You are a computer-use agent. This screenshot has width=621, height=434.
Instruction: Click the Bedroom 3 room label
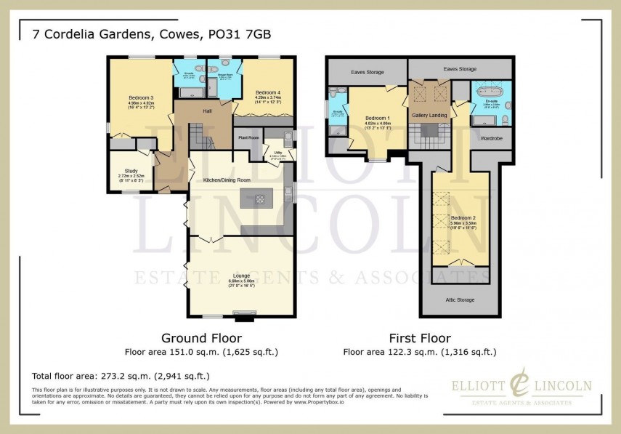pyautogui.click(x=142, y=97)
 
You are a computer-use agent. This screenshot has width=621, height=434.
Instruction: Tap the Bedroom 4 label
pyautogui.click(x=267, y=92)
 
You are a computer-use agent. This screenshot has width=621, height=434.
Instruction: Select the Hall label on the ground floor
pyautogui.click(x=207, y=110)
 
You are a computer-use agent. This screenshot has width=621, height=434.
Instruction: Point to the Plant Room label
pyautogui.click(x=248, y=137)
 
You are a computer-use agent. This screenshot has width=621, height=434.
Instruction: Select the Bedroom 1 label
pyautogui.click(x=377, y=118)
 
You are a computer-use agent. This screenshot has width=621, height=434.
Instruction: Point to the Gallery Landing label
pyautogui.click(x=429, y=115)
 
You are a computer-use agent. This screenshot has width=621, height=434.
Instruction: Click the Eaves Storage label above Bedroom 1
pyautogui.click(x=367, y=72)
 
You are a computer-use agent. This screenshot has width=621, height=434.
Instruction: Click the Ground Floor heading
pyautogui.click(x=201, y=338)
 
